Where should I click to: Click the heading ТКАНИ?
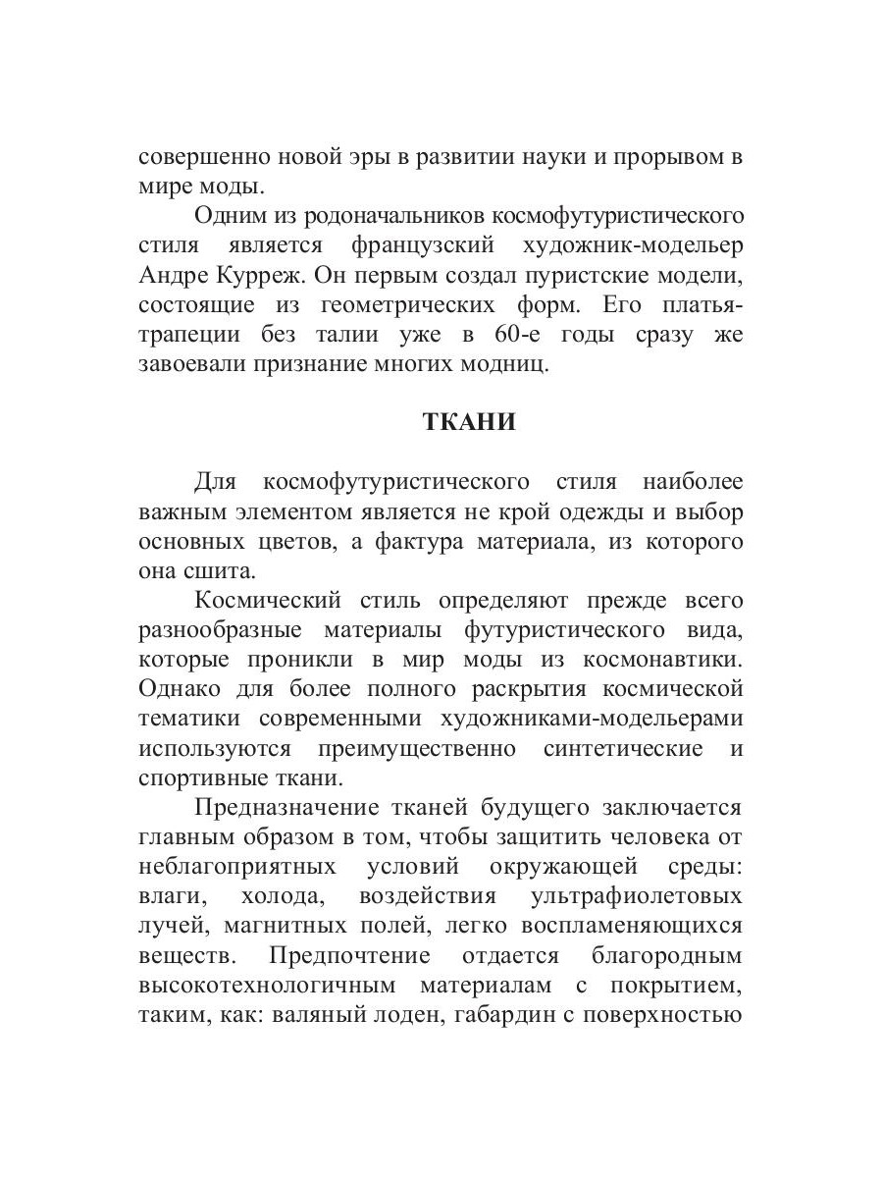pyautogui.click(x=468, y=422)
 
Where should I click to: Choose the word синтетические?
pyautogui.click(x=623, y=747)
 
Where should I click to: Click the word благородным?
pyautogui.click(x=667, y=956)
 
